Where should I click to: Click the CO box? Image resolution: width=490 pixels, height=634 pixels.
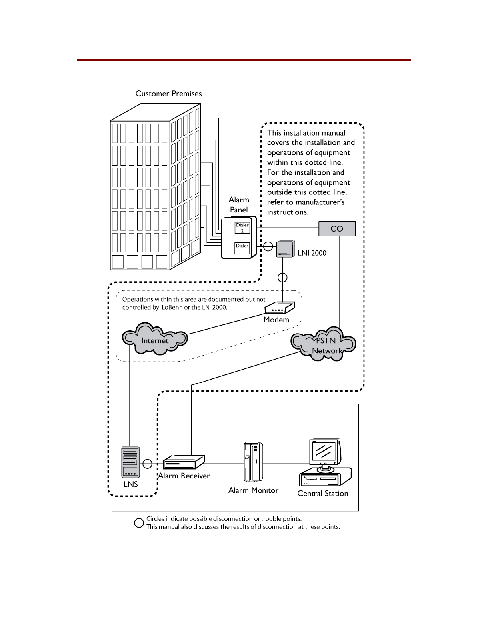337,229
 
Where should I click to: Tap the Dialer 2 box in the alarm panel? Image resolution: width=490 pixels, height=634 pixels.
242,228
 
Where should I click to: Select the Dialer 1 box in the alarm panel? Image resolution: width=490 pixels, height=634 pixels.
242,248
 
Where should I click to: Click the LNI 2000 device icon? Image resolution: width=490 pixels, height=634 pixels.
285,249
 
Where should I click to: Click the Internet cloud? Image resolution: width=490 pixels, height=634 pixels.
155,340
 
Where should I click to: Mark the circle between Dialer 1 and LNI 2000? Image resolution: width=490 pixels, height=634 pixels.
268,246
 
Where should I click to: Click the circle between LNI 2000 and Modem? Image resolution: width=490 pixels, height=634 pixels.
283,277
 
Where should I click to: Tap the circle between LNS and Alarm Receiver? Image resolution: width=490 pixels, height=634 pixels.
148,464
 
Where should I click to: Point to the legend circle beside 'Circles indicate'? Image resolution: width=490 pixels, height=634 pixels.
138,523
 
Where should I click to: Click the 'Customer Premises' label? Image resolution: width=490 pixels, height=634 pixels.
168,94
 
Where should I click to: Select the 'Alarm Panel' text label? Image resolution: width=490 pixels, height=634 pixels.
239,204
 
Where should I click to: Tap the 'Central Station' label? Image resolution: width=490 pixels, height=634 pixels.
322,493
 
